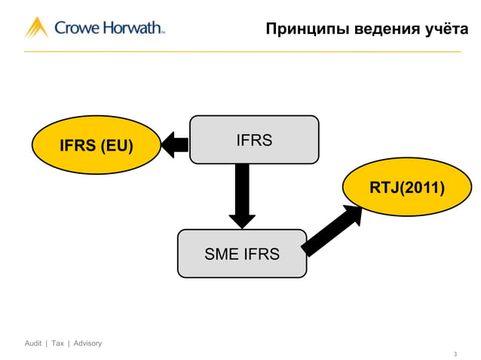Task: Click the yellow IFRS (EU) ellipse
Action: point(97,145)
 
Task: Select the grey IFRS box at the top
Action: point(254,139)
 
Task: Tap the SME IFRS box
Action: point(242,254)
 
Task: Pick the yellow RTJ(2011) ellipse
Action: point(406,188)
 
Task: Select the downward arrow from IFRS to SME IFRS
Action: point(242,196)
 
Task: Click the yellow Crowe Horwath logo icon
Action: point(36,28)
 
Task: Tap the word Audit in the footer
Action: point(33,343)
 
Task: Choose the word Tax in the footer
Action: point(58,343)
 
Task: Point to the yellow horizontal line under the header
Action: point(242,52)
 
